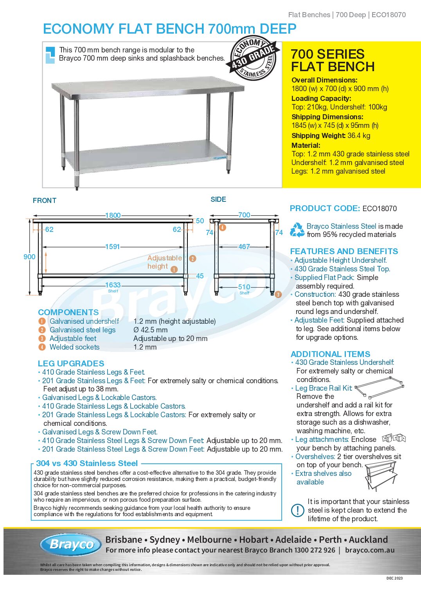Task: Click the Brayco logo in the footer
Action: (x=70, y=544)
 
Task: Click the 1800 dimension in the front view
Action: (x=113, y=215)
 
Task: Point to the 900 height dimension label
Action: (x=29, y=257)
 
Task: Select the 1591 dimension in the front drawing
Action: (x=112, y=247)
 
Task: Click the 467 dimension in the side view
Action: (x=244, y=247)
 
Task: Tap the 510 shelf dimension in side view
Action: (x=244, y=287)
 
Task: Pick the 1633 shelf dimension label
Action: (x=113, y=285)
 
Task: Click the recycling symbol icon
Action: (x=297, y=230)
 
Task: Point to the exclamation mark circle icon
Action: (x=297, y=510)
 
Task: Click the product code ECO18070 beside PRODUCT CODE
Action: (x=380, y=208)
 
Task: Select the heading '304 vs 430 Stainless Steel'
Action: (x=87, y=463)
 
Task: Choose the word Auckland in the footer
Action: (x=368, y=540)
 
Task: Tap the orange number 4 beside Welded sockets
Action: (x=42, y=347)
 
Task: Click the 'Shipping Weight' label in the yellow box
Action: (x=318, y=136)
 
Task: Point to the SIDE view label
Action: (x=218, y=199)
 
